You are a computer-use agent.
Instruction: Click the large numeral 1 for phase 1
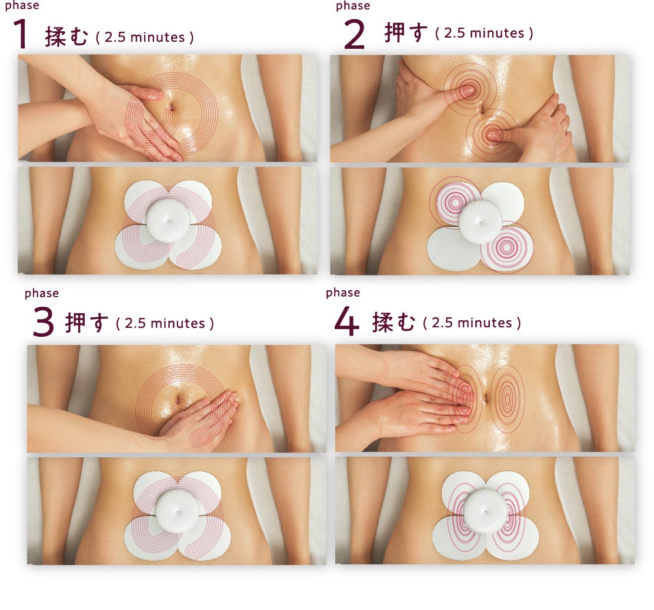click(21, 33)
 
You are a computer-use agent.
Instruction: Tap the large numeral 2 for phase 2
click(354, 35)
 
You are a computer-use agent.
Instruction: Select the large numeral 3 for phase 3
click(44, 321)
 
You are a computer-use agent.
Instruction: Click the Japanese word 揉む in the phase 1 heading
click(66, 36)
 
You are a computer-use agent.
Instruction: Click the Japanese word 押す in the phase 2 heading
click(406, 32)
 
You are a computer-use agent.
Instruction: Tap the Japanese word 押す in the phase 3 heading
click(86, 323)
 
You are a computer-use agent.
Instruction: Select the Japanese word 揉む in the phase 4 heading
click(393, 322)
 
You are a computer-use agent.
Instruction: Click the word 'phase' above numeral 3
click(42, 293)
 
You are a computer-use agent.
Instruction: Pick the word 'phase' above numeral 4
click(343, 293)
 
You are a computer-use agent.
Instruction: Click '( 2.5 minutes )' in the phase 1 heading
click(145, 37)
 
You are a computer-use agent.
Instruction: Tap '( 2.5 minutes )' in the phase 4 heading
click(472, 323)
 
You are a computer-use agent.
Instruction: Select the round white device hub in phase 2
click(480, 221)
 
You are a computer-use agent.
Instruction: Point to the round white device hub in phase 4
click(485, 511)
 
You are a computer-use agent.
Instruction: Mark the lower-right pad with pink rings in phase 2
click(507, 247)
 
